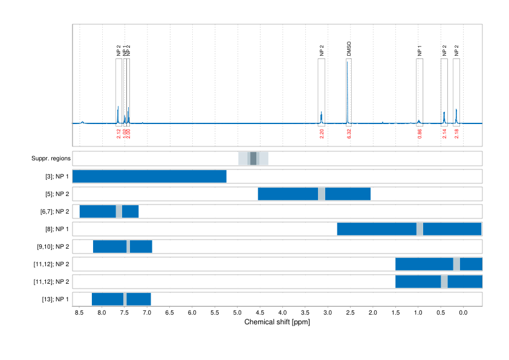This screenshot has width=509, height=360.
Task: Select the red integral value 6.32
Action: (x=349, y=134)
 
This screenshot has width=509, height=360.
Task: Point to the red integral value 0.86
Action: (x=420, y=134)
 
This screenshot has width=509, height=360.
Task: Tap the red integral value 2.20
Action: (x=322, y=134)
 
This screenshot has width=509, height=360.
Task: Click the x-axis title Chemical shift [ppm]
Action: (x=277, y=322)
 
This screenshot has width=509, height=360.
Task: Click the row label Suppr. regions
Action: (x=51, y=159)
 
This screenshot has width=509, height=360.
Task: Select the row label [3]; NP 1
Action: (x=56, y=177)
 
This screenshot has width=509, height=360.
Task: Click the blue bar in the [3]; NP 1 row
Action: (x=149, y=177)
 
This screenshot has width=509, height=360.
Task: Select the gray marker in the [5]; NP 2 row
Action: (x=322, y=194)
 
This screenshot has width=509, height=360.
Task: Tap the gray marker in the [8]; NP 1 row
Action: (x=420, y=229)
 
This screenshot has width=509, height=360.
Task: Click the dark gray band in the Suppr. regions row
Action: (x=253, y=159)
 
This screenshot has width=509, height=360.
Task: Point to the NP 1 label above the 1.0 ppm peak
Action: (x=420, y=51)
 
